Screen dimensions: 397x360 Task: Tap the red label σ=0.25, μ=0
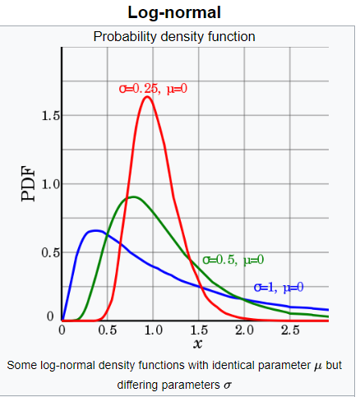pos(153,87)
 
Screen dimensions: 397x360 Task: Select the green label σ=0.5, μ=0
pos(233,260)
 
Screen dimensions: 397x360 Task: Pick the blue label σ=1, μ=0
pos(279,287)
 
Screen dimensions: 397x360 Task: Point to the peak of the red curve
pos(147,97)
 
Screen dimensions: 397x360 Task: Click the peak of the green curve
pos(132,196)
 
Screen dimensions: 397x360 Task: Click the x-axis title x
pos(197,344)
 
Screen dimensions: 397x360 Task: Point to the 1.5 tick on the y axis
pos(49,116)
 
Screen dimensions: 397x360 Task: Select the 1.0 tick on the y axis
pos(49,184)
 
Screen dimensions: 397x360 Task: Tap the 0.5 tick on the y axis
pos(49,252)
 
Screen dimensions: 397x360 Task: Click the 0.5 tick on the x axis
pos(108,330)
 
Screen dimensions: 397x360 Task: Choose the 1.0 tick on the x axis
pos(153,330)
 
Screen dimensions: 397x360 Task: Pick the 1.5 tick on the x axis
pos(198,330)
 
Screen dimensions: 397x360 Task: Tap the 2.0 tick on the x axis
pos(244,330)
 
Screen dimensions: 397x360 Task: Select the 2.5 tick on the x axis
pos(289,330)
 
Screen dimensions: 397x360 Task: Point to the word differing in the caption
pos(143,384)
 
